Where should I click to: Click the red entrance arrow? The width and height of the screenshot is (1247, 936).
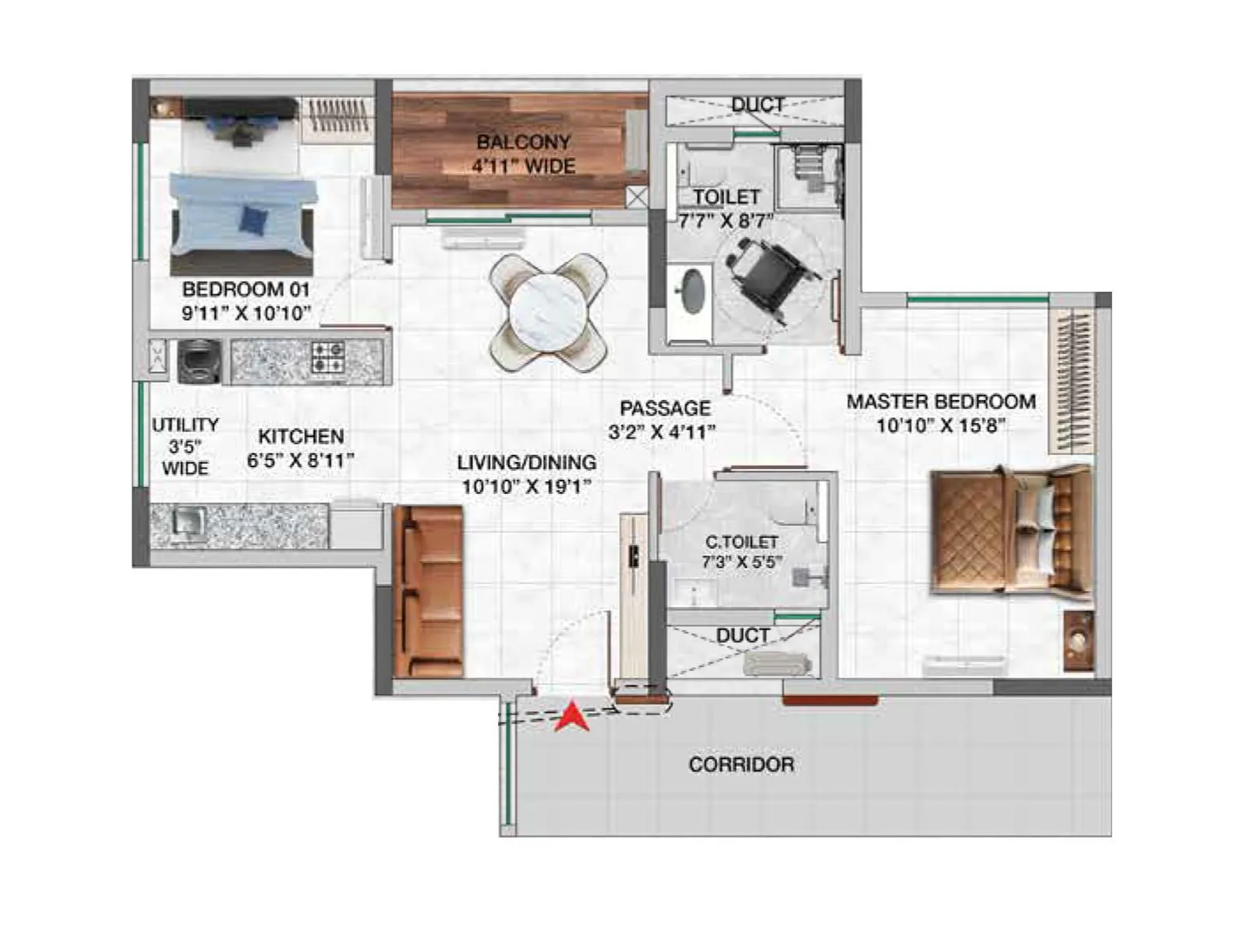tap(572, 717)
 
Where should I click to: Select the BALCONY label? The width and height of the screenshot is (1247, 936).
tap(523, 142)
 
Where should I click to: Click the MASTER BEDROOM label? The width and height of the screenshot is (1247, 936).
tap(941, 402)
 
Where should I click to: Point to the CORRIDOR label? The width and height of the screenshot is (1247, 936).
tap(741, 764)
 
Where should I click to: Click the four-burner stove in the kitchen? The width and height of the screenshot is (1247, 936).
tap(328, 357)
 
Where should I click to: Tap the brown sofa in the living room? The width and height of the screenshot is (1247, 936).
tap(429, 590)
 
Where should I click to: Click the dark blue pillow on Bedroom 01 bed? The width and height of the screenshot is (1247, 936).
tap(253, 218)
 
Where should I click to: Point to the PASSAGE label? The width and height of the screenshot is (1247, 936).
tap(665, 408)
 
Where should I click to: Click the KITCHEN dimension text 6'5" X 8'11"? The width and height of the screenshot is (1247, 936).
tap(301, 460)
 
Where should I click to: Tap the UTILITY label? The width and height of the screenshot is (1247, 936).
tap(185, 425)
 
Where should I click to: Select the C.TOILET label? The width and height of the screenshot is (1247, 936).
tap(741, 541)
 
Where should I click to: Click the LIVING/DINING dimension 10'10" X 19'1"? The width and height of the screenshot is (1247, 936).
tap(527, 487)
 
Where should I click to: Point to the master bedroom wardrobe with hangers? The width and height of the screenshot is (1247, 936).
tap(1071, 381)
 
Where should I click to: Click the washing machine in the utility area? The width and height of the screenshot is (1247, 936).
tap(198, 361)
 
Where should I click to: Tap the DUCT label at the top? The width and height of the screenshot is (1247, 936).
tap(758, 105)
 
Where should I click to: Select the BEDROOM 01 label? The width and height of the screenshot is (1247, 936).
tap(246, 289)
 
